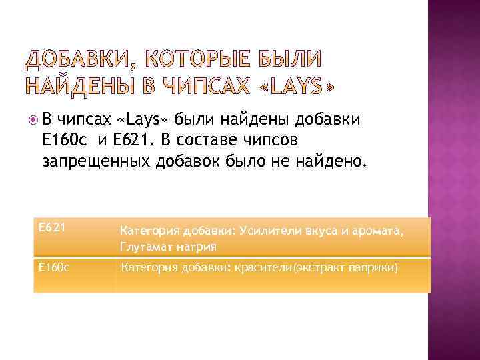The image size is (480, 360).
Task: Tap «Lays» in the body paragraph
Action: (x=143, y=120)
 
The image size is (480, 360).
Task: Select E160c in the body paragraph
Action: (x=63, y=141)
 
